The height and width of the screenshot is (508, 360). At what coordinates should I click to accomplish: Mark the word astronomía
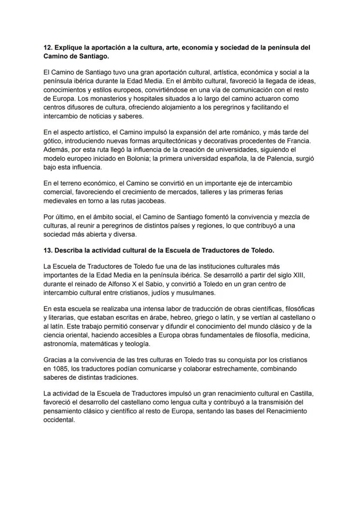(62, 344)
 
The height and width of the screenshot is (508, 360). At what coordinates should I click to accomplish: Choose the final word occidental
(59, 420)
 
